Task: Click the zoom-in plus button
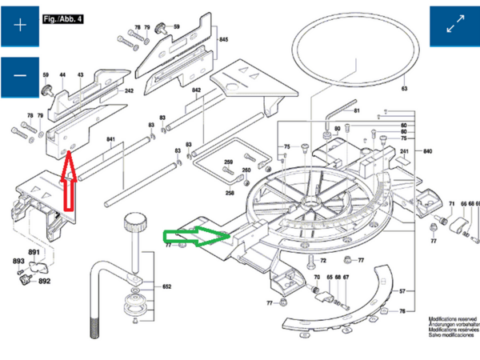point(21,25)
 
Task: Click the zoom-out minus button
point(21,77)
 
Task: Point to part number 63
point(405,88)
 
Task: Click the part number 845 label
point(223,39)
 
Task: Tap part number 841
point(111,141)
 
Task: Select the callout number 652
point(167,286)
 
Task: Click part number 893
point(18,262)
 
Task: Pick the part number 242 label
point(128,91)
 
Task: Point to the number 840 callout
point(427,151)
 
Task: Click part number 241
point(404,151)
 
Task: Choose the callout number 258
point(229,193)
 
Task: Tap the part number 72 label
point(323,261)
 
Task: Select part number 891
point(34,253)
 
